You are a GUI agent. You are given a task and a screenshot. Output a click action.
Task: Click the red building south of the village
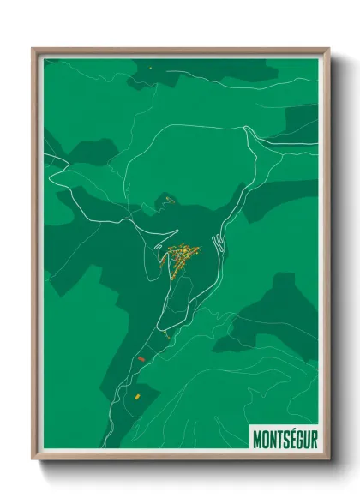click(x=141, y=359)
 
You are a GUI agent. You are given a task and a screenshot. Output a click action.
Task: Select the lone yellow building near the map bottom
click(x=135, y=396)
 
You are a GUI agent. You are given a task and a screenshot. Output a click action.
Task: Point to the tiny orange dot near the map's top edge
click(x=149, y=68)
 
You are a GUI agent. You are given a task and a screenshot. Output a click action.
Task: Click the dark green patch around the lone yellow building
click(x=141, y=399)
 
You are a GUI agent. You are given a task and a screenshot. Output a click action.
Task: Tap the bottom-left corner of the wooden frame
click(x=33, y=460)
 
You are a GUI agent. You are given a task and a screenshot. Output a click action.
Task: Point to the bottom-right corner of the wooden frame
click(x=329, y=460)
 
